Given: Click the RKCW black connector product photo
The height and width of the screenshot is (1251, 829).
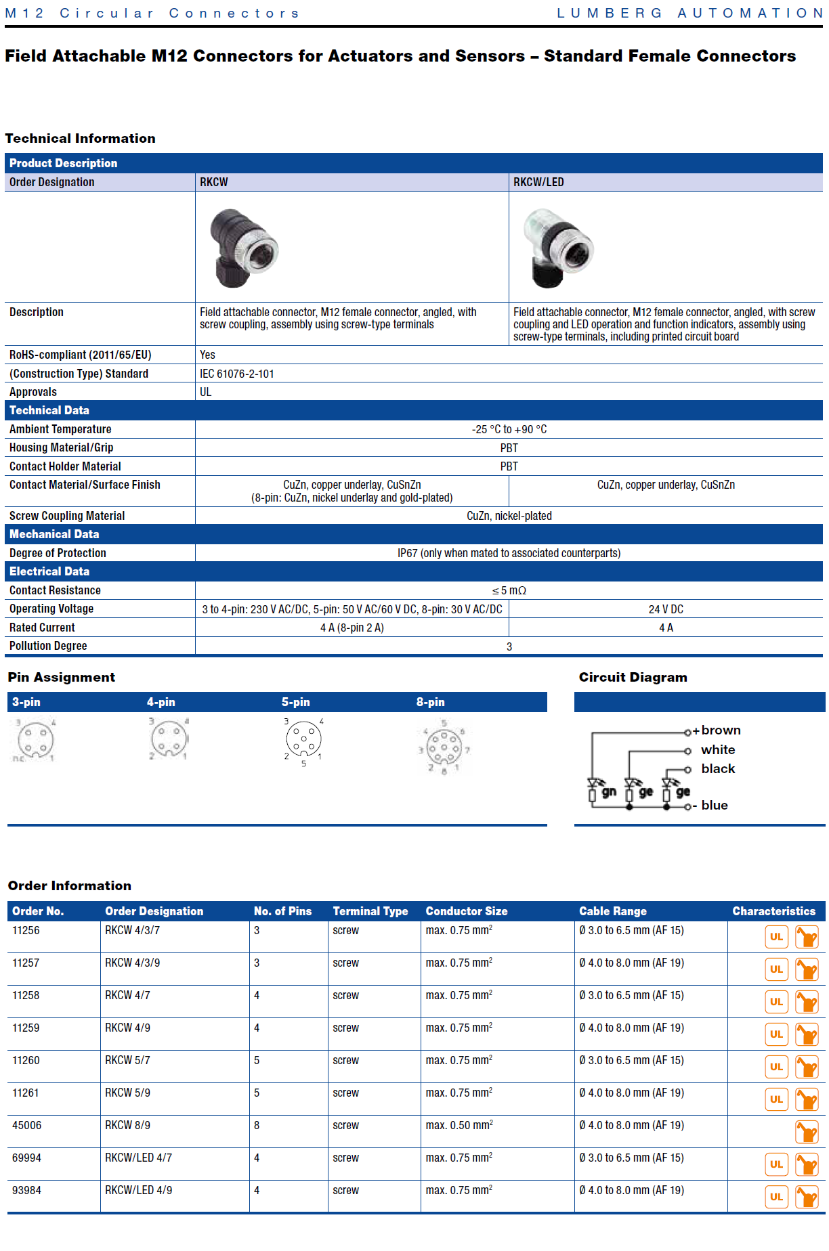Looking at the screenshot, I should click(242, 247).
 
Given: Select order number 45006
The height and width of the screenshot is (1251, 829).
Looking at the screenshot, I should click(27, 1125).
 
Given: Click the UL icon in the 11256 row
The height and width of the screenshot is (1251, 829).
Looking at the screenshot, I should click(776, 937).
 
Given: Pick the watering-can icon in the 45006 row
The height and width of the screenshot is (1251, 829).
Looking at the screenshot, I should click(807, 1132).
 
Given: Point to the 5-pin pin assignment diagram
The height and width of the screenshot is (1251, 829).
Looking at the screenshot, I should click(303, 740).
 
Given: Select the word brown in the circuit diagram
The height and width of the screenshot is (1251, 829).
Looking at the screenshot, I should click(721, 730).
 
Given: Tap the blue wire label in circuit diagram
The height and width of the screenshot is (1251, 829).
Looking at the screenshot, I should click(715, 805).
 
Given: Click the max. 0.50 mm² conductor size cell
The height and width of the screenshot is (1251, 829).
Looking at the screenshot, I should click(459, 1125).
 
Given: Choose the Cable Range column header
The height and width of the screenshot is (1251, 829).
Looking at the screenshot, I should click(612, 911).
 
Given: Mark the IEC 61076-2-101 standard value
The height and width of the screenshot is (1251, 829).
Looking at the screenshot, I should click(237, 374).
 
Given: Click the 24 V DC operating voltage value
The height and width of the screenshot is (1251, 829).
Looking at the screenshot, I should click(666, 609).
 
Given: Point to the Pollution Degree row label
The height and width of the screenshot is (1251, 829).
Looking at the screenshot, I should click(48, 646).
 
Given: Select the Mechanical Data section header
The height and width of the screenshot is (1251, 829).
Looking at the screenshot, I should click(54, 534).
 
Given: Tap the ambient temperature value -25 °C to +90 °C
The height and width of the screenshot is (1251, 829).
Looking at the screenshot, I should click(509, 429).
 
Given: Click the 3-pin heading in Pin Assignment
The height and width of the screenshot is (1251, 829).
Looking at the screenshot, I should click(26, 702).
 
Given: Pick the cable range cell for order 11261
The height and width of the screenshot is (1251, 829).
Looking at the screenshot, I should click(631, 1093).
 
